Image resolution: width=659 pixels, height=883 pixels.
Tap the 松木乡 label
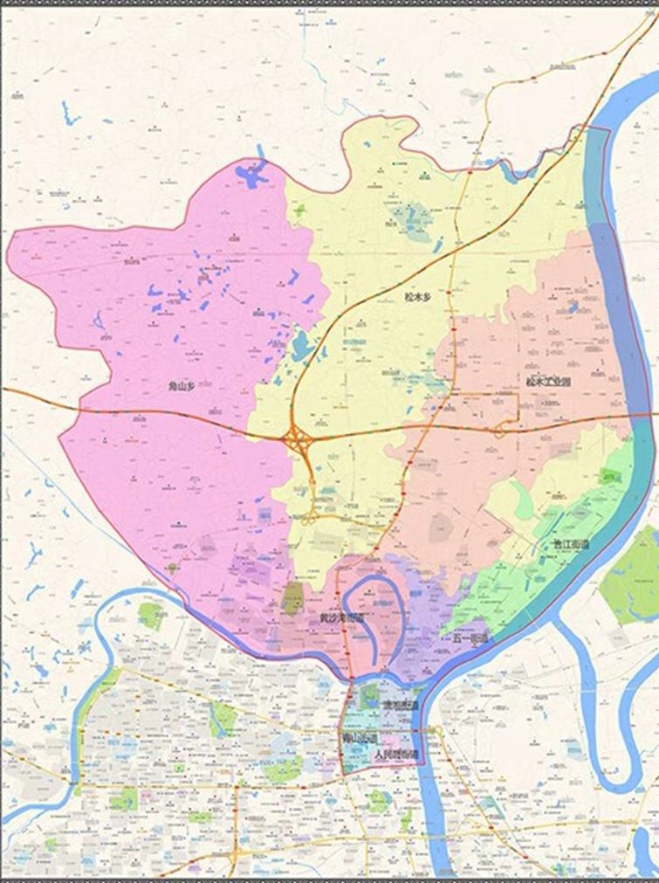pos(417,297)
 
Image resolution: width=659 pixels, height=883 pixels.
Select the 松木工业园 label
pos(548,382)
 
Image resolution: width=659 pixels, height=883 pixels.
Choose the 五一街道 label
pos(470,639)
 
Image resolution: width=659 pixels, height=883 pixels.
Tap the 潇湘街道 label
pos(400,704)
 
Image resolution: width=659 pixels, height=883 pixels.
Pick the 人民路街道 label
pos(395,753)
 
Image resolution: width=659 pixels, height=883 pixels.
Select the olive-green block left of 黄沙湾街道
pos(292,598)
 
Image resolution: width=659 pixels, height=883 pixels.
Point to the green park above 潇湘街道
pos(370,696)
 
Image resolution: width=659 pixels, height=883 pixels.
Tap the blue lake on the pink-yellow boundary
pos(302,346)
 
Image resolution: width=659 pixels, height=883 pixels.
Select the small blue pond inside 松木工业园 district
pos(573,307)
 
